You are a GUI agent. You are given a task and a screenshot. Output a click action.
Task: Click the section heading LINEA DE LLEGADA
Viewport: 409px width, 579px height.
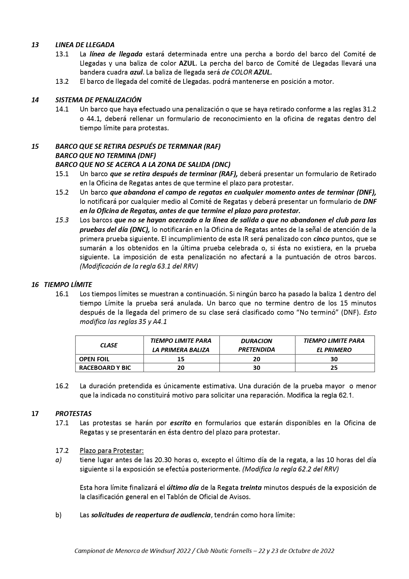click(85, 45)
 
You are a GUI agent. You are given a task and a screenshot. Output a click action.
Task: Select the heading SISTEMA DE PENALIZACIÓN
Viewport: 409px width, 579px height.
click(98, 100)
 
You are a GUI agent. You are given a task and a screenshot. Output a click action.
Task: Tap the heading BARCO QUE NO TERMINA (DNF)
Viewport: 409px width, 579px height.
click(105, 155)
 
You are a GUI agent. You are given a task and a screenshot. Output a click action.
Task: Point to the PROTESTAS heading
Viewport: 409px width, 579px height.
click(73, 413)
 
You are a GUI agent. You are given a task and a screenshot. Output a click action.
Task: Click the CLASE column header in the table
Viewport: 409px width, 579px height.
click(109, 345)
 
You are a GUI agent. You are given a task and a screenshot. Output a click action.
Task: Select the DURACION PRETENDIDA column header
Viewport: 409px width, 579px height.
click(256, 345)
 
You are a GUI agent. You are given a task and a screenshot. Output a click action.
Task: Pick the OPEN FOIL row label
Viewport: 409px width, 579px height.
click(94, 359)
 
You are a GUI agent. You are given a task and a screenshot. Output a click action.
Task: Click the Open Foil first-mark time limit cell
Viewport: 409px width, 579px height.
click(181, 359)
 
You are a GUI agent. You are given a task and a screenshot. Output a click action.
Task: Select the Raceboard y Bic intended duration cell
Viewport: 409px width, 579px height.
click(256, 368)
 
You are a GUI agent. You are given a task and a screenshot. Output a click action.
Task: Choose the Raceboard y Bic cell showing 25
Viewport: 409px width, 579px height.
click(334, 368)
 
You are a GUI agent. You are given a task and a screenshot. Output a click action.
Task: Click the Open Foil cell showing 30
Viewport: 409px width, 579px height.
click(334, 359)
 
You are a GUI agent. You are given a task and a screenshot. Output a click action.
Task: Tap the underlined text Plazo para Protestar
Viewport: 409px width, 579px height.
click(112, 450)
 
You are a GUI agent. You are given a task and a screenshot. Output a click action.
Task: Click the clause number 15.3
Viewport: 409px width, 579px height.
click(62, 220)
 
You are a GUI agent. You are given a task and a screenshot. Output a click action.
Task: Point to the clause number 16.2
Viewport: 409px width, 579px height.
click(62, 386)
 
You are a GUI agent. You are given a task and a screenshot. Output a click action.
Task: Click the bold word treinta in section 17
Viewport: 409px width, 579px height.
click(251, 487)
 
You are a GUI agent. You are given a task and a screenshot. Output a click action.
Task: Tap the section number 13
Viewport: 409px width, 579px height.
click(35, 45)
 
